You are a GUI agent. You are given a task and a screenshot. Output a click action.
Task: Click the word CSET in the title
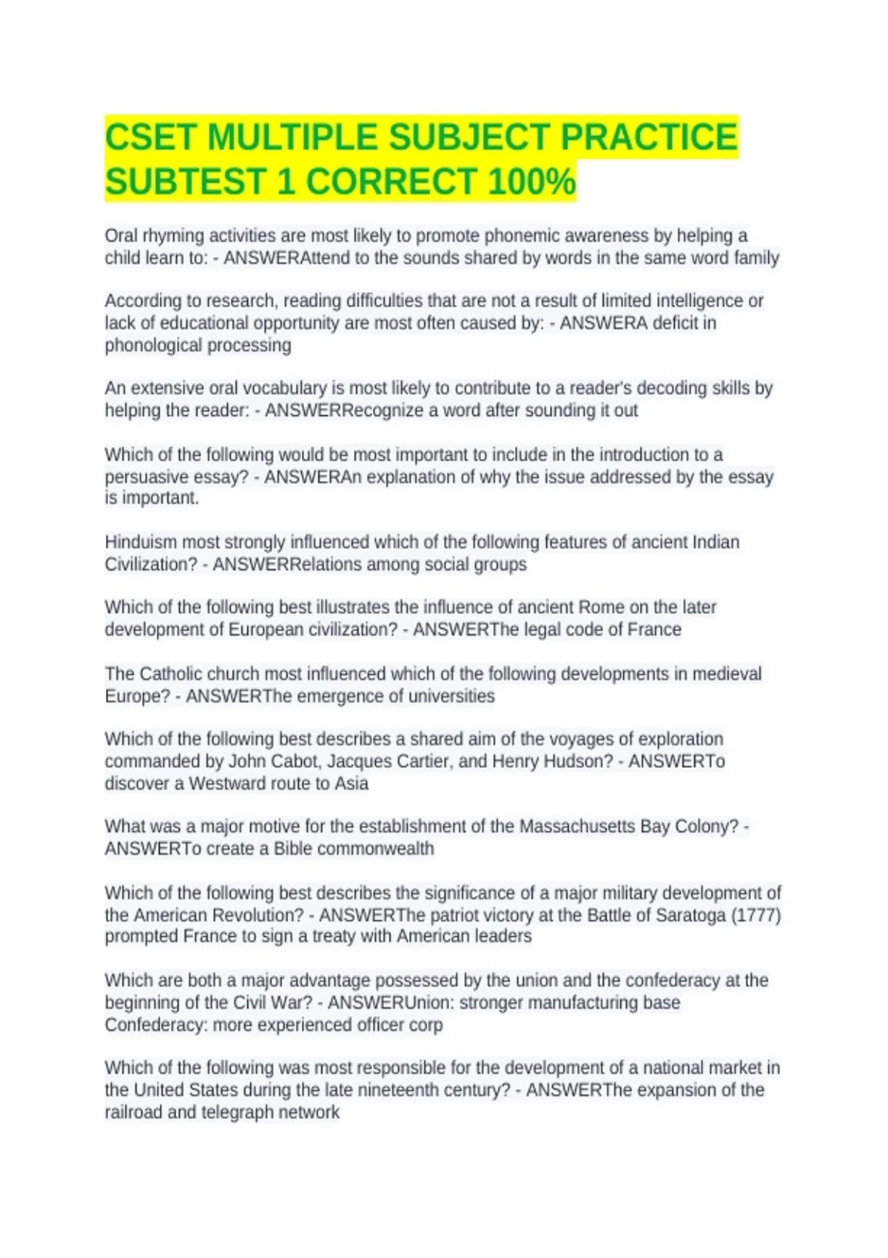151,138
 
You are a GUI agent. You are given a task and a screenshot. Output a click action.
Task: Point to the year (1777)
756,915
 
